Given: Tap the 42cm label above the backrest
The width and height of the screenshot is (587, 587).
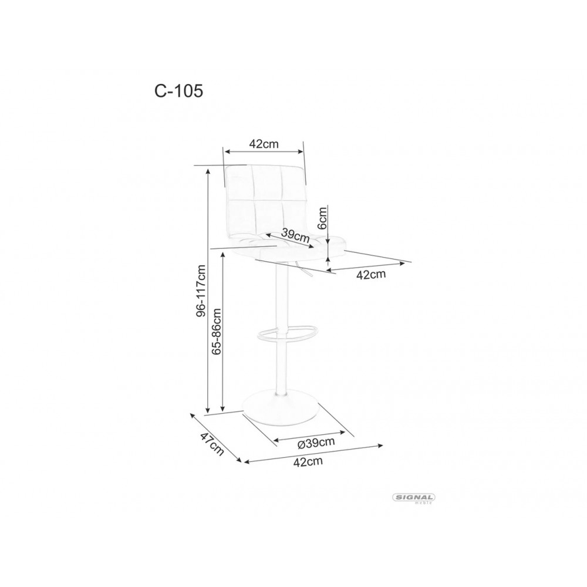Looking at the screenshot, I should coord(264,144).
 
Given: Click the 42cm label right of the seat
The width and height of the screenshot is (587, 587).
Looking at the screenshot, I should coord(372,275).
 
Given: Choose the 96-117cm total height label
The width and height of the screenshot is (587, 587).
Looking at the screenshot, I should coord(201,291).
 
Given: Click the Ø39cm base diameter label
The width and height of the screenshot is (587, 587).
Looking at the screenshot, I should coord(316,442).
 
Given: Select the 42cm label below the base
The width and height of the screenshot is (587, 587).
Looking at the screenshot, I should coord(308,461).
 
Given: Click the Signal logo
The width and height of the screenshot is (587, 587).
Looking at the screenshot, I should coord(413,497).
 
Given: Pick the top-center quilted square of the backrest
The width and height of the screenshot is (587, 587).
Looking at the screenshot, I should coord(266,183).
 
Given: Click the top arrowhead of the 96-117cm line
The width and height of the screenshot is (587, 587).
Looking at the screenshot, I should coord(208,171).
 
